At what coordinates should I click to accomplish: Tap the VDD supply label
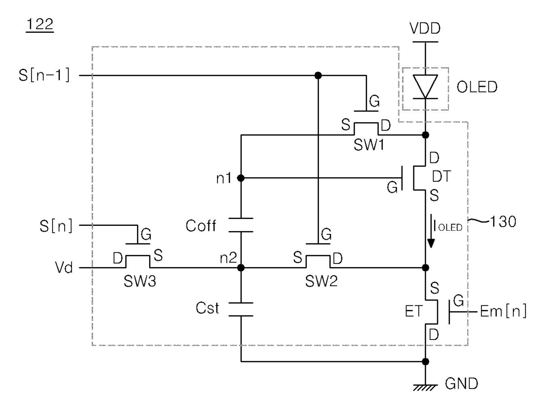pos(425,28)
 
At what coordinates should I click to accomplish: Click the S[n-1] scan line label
pos(44,75)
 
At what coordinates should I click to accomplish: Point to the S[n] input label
pos(56,225)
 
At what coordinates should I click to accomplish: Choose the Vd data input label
pos(64,267)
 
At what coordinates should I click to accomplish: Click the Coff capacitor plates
pos(241,225)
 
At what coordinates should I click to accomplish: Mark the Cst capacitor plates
pos(241,309)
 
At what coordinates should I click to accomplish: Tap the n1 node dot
pos(241,178)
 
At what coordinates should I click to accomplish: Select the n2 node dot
pos(241,268)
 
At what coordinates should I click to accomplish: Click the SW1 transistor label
pos(369,145)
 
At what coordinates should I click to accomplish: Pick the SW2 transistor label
pos(321,281)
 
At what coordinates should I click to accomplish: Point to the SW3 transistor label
pos(140,281)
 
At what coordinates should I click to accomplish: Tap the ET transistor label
pos(413,311)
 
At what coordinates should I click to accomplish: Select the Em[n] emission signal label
pos(503,311)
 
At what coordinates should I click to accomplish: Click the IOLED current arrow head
pos(431,243)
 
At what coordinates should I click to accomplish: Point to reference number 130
pos(503,222)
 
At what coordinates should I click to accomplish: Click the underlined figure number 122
pos(40,24)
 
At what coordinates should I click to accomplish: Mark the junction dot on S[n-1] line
pos(318,76)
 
